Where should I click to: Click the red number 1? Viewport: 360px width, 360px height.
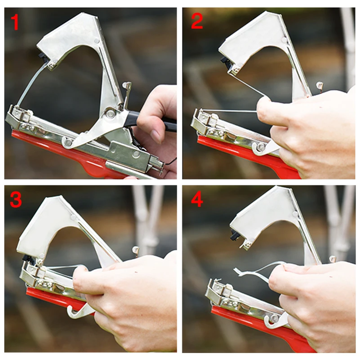[x=15, y=22]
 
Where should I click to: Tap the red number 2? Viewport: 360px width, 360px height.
[x=197, y=21]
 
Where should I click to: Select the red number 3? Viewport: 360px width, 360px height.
[x=16, y=199]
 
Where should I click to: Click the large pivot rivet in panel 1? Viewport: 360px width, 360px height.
[x=110, y=113]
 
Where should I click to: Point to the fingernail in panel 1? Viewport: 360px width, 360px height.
[x=156, y=136]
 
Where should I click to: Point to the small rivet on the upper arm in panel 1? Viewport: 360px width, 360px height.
[x=97, y=41]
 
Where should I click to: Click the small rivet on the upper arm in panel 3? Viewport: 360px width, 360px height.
[x=73, y=217]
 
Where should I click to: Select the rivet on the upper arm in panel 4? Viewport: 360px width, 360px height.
[x=295, y=214]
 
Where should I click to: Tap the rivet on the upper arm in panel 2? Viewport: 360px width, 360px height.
[x=284, y=40]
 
